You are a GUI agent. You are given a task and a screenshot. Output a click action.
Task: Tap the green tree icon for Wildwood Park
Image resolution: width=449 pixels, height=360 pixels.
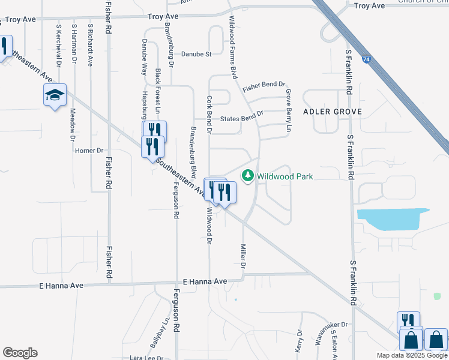click(x=247, y=176)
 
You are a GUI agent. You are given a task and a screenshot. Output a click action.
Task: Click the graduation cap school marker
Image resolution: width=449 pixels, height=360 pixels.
click(x=55, y=95)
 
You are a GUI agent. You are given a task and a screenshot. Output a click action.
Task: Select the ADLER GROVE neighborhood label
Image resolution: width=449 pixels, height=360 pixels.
click(x=333, y=112)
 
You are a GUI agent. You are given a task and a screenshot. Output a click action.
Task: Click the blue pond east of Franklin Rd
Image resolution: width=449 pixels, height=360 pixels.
click(x=393, y=218)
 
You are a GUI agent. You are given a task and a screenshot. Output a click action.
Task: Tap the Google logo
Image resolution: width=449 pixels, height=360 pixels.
click(x=20, y=353)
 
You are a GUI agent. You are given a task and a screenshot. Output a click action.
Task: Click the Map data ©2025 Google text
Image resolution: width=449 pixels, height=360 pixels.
click(x=412, y=355)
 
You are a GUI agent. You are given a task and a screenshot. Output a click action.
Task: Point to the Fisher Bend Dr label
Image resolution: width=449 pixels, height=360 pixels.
click(x=264, y=86)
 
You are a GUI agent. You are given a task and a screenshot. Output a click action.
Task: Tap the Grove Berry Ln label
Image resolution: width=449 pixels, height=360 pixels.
click(x=289, y=111)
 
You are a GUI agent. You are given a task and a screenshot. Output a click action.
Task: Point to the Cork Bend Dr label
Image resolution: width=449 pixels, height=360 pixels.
click(x=208, y=110)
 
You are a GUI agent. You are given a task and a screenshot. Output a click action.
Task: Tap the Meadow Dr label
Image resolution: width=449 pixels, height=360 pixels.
click(x=72, y=120)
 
